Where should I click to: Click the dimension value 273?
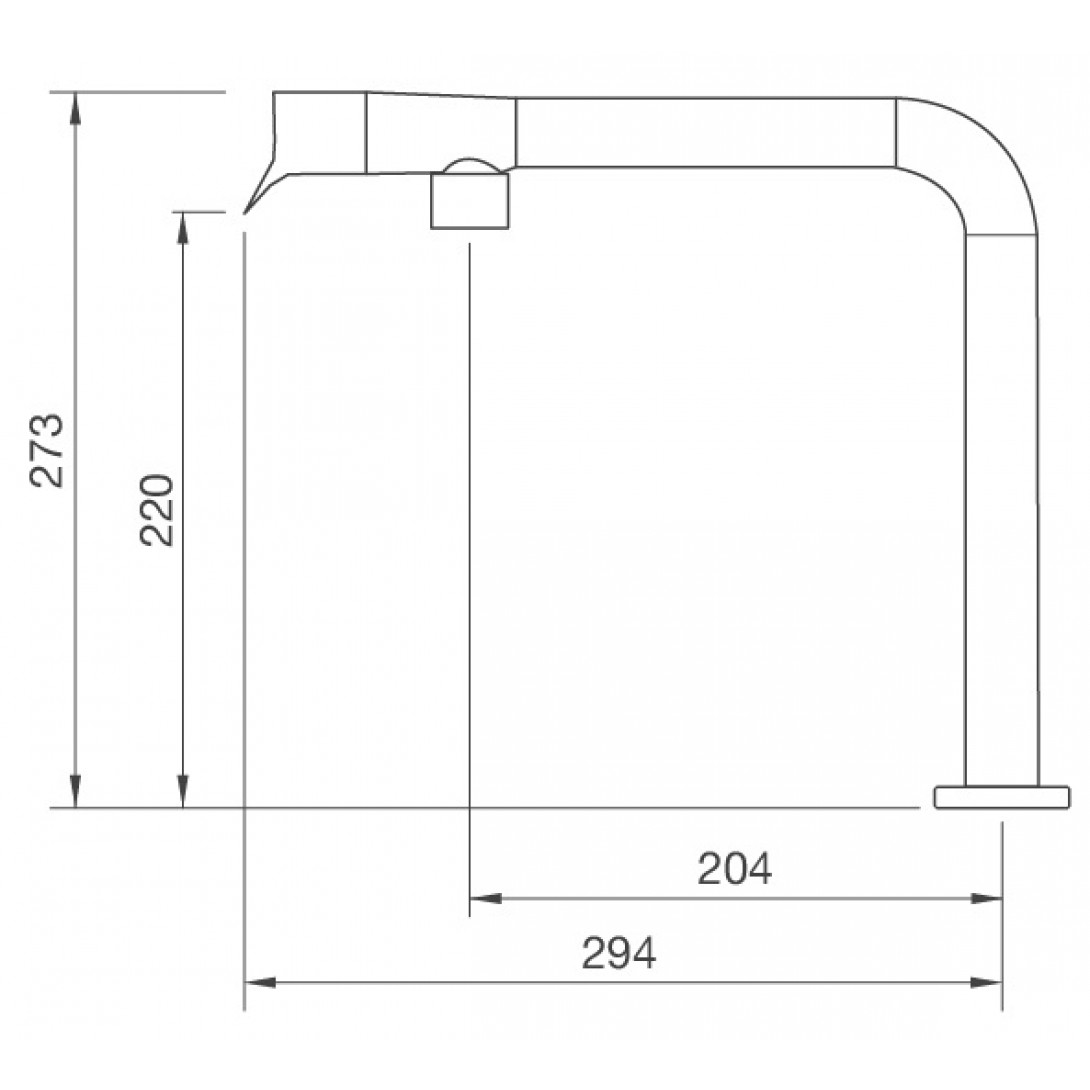click(x=47, y=450)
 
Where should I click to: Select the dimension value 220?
click(x=156, y=510)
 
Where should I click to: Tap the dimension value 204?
click(x=734, y=868)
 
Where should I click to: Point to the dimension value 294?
click(x=619, y=952)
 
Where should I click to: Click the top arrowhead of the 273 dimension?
click(x=76, y=107)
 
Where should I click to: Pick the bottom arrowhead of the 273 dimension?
click(x=76, y=792)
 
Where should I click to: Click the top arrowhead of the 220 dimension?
click(x=183, y=227)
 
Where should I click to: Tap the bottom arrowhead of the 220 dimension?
click(x=183, y=792)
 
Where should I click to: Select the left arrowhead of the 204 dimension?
click(x=486, y=898)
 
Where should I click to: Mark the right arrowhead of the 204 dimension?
click(x=986, y=898)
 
